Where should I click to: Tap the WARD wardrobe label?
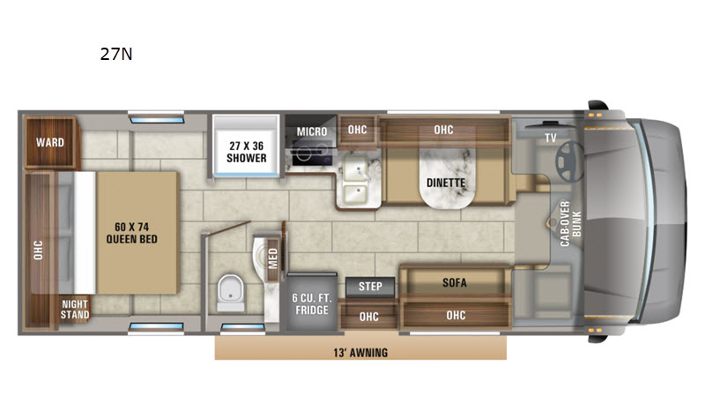point(49,142)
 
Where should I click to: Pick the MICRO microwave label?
point(311,131)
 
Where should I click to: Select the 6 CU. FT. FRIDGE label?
point(311,303)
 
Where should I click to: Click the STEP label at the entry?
point(369,287)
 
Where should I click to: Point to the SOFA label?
point(454,283)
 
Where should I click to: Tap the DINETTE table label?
point(446,183)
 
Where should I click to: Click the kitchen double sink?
point(360,177)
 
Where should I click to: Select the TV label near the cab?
point(550,137)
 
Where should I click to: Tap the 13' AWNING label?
point(360,352)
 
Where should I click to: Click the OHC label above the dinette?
point(443,131)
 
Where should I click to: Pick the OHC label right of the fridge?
point(369,315)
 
